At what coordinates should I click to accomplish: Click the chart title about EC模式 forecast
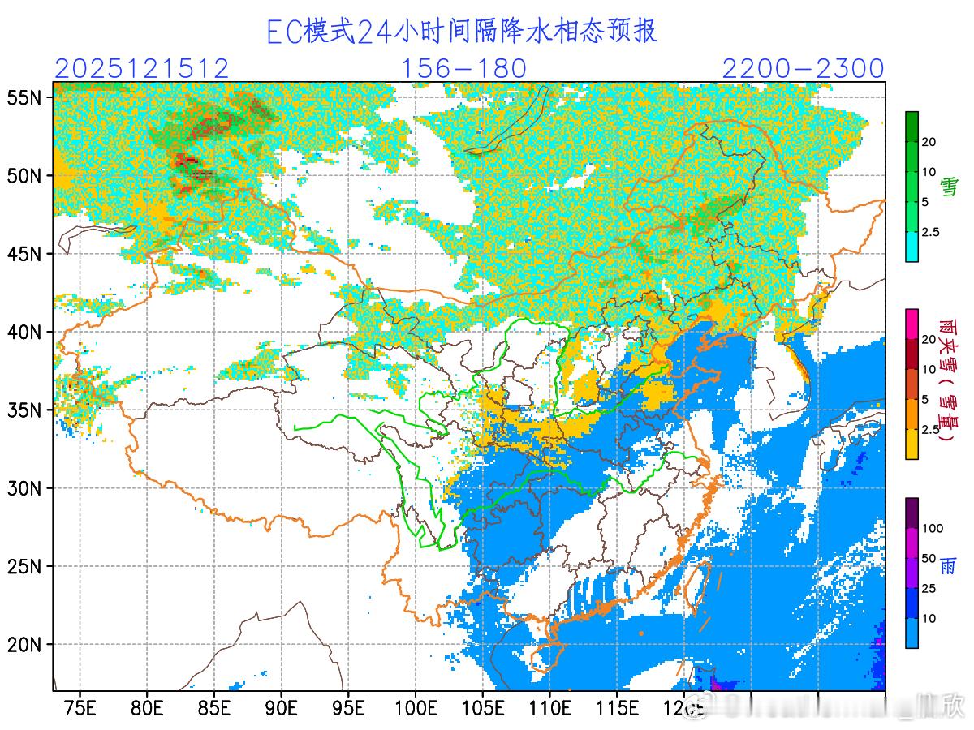pyautogui.click(x=462, y=31)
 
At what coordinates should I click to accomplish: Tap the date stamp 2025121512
pyautogui.click(x=142, y=69)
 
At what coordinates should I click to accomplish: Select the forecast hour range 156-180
pyautogui.click(x=464, y=69)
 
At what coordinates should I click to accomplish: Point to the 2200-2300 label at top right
pyautogui.click(x=802, y=69)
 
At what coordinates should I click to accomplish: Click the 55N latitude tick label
pyautogui.click(x=24, y=98)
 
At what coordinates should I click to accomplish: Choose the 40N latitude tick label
pyautogui.click(x=24, y=333)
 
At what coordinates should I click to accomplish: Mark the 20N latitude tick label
pyautogui.click(x=24, y=646)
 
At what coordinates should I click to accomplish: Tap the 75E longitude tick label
pyautogui.click(x=80, y=707)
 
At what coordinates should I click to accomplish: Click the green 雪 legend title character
pyautogui.click(x=947, y=188)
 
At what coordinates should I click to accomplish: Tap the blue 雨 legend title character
pyautogui.click(x=947, y=565)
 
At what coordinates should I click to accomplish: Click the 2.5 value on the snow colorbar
pyautogui.click(x=929, y=232)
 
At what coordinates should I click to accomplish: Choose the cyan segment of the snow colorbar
pyautogui.click(x=912, y=247)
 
